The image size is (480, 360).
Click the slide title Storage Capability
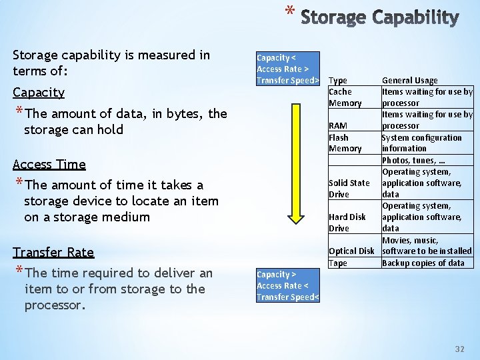point(379,17)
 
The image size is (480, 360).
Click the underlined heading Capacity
point(39,93)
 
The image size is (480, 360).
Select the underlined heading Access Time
point(49,165)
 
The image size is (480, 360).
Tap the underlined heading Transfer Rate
point(53,252)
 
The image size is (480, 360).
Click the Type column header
point(338,81)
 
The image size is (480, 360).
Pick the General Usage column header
point(409,81)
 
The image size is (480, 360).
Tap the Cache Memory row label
point(345,97)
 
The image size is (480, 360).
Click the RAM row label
point(337,126)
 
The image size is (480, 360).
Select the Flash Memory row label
point(345,143)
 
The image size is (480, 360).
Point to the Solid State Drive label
point(349,189)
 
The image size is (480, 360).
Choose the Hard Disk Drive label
point(347,223)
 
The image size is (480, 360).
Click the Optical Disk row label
point(351,251)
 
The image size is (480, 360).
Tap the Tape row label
point(338,263)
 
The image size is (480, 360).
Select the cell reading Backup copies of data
point(423,263)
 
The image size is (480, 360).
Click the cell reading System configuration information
point(421,143)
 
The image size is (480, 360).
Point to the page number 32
point(459,349)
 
